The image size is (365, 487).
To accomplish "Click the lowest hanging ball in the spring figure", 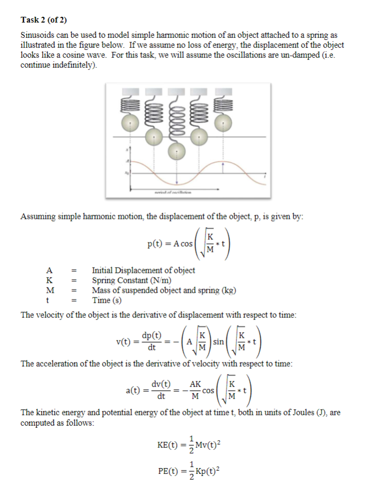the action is point(177,153).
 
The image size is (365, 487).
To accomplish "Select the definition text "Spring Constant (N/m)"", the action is point(133,280).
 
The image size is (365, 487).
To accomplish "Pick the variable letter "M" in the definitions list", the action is point(50,290).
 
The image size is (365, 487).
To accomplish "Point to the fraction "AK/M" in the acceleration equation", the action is point(195,390).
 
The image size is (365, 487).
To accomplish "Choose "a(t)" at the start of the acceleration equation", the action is point(135,390).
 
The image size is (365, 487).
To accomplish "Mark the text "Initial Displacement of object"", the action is point(143,270).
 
